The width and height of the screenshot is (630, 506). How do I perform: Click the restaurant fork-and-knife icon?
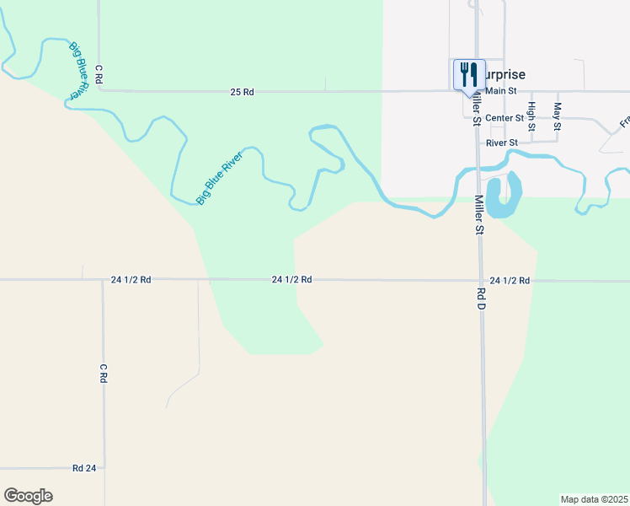pos(469,73)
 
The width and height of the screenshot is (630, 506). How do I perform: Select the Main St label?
pos(500,91)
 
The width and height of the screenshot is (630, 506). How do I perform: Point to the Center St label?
pos(505,117)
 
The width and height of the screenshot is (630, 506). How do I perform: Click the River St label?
pos(502,143)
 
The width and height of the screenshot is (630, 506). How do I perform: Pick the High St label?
pos(531,116)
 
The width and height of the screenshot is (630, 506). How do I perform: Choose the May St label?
pos(557,116)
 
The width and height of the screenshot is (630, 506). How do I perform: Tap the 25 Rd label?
pos(242,91)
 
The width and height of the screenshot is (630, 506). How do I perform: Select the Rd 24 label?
pos(83,468)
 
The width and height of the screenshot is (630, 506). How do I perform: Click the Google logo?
pos(28,496)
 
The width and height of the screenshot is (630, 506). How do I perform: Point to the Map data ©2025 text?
pos(595,499)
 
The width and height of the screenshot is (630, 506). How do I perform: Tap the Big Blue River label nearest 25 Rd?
pos(77,72)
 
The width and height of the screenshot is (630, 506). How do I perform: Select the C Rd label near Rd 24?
pos(104,374)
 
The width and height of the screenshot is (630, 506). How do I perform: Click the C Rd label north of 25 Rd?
pos(99,73)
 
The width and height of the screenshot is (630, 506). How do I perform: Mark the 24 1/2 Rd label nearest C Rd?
pos(131,279)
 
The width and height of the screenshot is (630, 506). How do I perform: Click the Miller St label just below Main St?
pos(476,108)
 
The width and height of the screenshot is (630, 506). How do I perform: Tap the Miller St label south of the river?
pos(478,215)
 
